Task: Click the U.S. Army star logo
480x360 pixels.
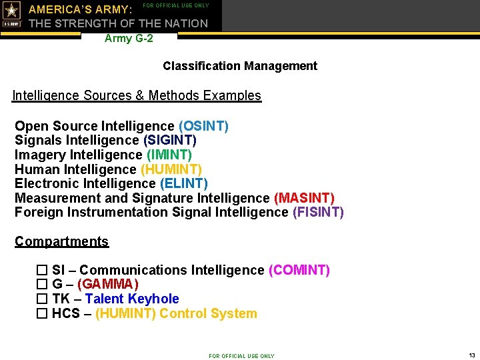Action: tap(12, 14)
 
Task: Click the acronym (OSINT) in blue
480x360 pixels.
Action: tap(203, 126)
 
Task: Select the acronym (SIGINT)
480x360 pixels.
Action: tap(169, 140)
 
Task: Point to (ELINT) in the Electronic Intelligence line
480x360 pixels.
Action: tap(183, 183)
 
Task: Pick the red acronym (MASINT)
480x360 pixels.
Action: tap(304, 198)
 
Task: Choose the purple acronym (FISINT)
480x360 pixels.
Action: tap(318, 212)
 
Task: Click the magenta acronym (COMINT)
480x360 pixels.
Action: tap(299, 270)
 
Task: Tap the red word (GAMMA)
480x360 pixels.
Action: tap(108, 285)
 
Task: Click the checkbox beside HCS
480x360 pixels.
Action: tap(42, 313)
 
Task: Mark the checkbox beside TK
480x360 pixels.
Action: tap(42, 299)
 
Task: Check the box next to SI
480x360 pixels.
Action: tap(42, 270)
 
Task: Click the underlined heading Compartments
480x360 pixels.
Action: tap(61, 241)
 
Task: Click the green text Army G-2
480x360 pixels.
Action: tap(129, 39)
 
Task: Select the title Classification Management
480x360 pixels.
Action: tap(240, 66)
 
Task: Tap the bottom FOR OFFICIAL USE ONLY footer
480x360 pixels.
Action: tap(241, 356)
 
